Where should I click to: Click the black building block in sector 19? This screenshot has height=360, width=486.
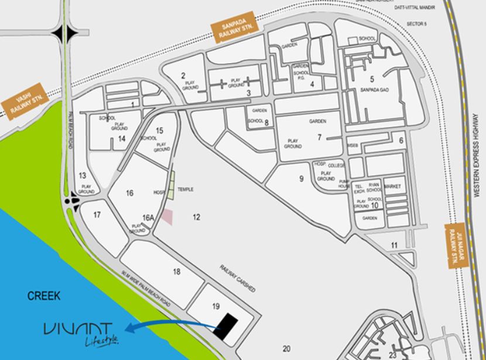pos(228,327)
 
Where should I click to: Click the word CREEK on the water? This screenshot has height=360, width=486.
pos(44,296)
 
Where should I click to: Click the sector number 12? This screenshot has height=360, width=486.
pos(197,217)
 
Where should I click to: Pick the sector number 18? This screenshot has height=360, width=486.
pos(177,271)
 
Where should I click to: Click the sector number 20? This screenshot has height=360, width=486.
pos(286,348)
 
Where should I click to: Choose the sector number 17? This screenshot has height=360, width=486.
pos(97,214)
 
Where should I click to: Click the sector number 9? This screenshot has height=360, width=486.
pos(301,179)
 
